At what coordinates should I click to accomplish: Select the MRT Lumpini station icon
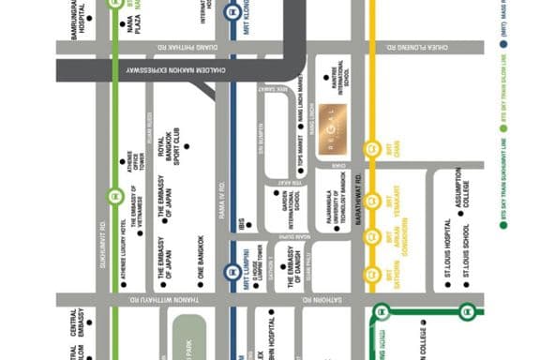click(231, 272)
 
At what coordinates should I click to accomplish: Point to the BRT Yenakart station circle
click(372, 200)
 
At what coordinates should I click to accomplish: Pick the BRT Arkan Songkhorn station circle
click(372, 235)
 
